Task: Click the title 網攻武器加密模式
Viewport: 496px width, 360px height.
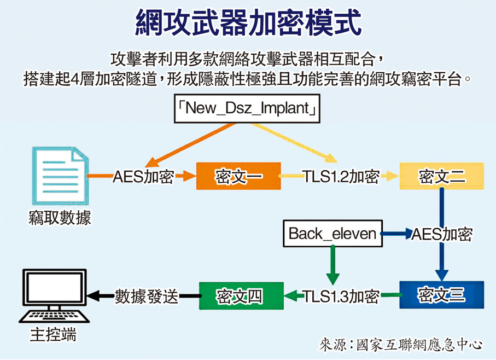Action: pos(248,23)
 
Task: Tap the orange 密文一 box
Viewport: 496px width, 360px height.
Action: pos(238,176)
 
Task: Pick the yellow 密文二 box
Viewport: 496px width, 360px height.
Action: pos(442,176)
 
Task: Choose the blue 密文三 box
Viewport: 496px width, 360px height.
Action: pos(441,295)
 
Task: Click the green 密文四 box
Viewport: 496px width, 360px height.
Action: pos(241,295)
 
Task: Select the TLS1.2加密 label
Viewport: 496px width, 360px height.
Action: pos(341,176)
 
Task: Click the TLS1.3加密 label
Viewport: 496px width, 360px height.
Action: pos(341,296)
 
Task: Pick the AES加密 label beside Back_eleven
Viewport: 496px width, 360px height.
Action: pos(441,234)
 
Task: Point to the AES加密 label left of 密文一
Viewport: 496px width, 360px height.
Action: pos(143,176)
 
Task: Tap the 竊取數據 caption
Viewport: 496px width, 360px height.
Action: pos(60,218)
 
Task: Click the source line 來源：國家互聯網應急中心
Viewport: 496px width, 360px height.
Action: pos(401,345)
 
